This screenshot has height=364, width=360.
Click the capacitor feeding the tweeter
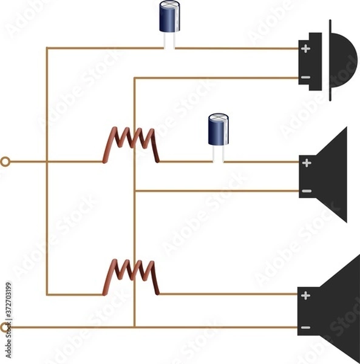[169, 18]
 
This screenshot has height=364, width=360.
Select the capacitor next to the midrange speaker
[218, 130]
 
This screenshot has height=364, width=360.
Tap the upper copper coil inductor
[131, 144]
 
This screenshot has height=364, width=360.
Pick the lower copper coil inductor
[131, 277]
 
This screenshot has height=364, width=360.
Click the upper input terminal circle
[5, 162]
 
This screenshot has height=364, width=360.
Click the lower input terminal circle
[5, 328]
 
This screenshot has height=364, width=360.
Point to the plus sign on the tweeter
[305, 49]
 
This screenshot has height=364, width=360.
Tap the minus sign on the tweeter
[305, 78]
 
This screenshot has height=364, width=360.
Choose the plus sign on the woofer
[305, 295]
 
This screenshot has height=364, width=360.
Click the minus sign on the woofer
[305, 328]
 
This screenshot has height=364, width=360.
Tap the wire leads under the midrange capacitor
[218, 154]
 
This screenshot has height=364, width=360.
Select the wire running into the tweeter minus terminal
[219, 78]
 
